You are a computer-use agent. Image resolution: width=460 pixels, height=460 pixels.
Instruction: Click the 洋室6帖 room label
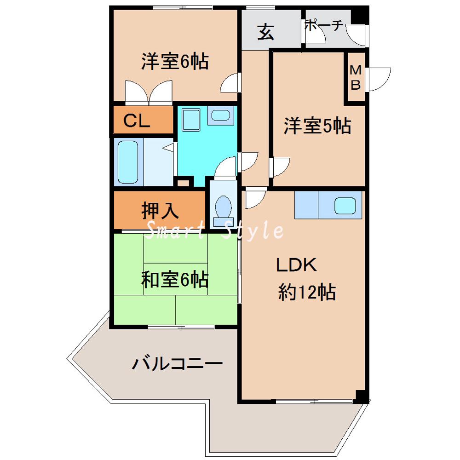click(175, 61)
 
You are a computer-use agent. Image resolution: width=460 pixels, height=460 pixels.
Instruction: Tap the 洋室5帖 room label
click(317, 126)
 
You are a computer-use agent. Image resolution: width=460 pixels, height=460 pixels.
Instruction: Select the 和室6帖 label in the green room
click(175, 280)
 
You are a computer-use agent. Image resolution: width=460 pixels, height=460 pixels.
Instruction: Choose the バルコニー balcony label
click(178, 364)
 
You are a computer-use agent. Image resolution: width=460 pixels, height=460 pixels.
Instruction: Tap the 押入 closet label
click(159, 211)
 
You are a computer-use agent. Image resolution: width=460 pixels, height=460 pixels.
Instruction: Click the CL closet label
click(137, 121)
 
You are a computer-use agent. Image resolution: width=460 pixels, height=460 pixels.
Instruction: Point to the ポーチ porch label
click(324, 26)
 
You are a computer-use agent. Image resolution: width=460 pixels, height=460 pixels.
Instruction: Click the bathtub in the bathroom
click(128, 162)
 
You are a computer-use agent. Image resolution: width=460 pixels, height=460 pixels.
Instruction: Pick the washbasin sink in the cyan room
click(221, 115)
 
